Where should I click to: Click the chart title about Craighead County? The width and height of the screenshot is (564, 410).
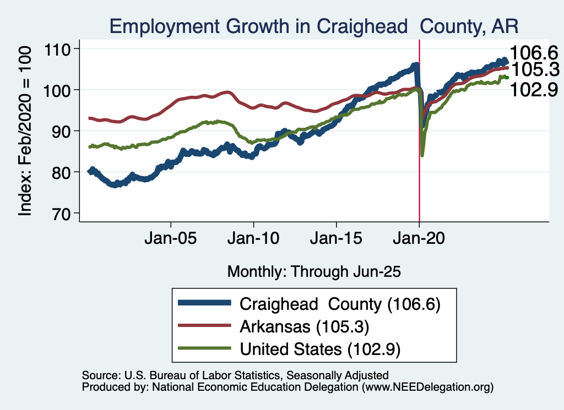point(314,26)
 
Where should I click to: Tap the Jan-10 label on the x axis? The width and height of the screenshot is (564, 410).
point(253,240)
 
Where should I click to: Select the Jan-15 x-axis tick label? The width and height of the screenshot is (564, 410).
point(337,240)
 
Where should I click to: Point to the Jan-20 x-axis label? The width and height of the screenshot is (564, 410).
point(419,240)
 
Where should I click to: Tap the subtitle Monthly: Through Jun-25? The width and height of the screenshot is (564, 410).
point(313,271)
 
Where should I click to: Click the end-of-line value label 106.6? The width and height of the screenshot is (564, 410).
point(534,53)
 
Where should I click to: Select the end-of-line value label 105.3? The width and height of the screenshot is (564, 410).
point(534,70)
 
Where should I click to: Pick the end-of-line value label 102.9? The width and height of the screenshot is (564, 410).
point(534,89)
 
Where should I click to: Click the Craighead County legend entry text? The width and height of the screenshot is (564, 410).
point(340,304)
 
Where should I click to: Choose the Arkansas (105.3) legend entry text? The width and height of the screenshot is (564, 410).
point(303,326)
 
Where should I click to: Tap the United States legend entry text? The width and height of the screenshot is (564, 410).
point(319,349)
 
